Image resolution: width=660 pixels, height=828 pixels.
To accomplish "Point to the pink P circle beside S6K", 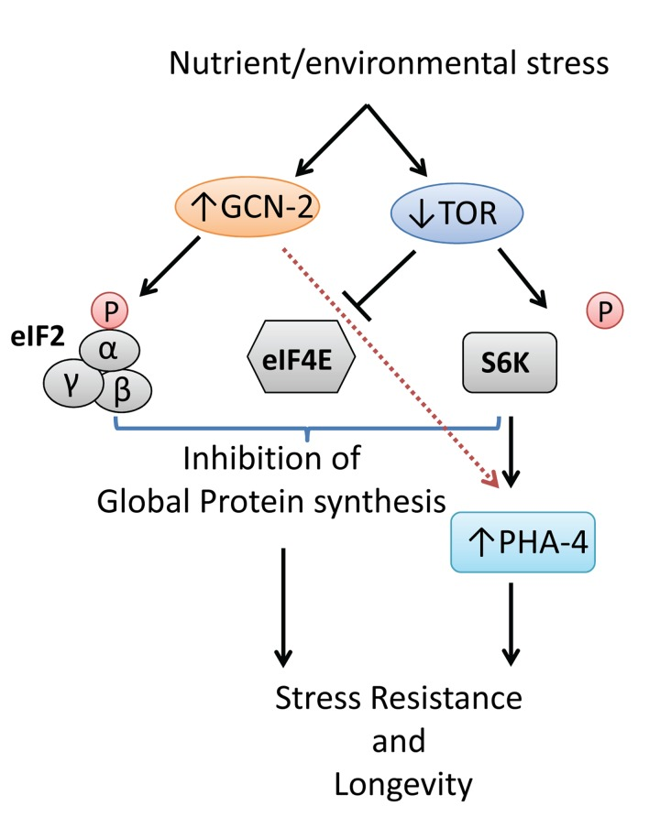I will pyautogui.click(x=605, y=312).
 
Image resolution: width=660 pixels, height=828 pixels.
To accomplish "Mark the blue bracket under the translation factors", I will pyautogui.click(x=308, y=429).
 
